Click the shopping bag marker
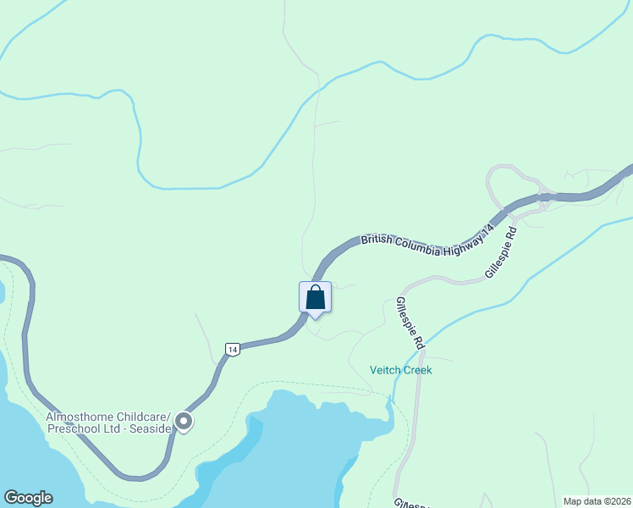click(x=315, y=298)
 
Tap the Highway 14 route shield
click(x=233, y=348)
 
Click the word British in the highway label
click(x=378, y=240)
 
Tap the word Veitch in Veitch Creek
click(x=386, y=370)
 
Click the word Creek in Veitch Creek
click(x=418, y=370)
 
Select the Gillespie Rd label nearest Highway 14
click(x=501, y=251)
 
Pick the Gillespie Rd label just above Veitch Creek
click(x=410, y=323)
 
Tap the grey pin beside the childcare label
click(x=184, y=421)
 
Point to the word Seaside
click(x=151, y=428)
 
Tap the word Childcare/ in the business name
click(x=146, y=417)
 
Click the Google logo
click(x=28, y=498)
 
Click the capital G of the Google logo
click(x=10, y=498)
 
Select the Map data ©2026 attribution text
click(x=597, y=501)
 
